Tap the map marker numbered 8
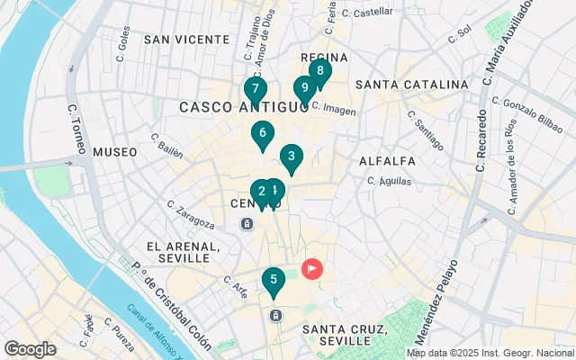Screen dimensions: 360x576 (x=319, y=71)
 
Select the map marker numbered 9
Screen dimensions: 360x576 (x=304, y=88)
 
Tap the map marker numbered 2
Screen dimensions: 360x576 (x=260, y=192)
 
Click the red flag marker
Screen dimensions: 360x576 (x=312, y=268)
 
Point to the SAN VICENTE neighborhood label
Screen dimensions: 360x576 (x=186, y=40)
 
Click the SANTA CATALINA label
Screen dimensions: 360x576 (x=411, y=85)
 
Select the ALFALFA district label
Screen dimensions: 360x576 (x=387, y=161)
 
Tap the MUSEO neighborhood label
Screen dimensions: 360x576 (x=115, y=152)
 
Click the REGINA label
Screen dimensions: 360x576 (x=319, y=57)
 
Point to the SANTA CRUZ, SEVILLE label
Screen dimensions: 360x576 (x=345, y=335)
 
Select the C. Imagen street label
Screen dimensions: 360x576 (x=334, y=108)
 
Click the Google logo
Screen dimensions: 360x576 (x=31, y=349)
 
